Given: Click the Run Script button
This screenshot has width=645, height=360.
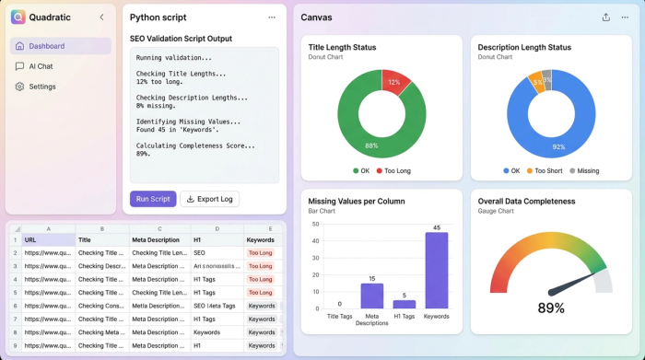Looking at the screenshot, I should [x=153, y=199].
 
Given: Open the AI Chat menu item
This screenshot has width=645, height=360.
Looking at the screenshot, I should [x=40, y=66].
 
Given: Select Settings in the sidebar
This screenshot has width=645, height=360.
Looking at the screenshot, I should [x=41, y=87].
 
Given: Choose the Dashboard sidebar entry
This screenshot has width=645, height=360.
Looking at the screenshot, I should [x=46, y=46].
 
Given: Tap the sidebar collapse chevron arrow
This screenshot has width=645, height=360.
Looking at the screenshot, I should [x=101, y=17].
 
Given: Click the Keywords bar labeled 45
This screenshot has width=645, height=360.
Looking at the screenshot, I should [x=436, y=270].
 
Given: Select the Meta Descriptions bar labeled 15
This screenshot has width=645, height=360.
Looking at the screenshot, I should [x=371, y=295].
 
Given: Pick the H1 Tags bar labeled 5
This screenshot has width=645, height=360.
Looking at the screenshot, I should [x=405, y=304].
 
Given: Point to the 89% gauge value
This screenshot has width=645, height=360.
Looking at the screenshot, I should [x=550, y=308].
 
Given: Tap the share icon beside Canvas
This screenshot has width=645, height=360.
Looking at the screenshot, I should [x=605, y=17].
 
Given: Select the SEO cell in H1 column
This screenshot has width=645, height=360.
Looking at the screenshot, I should [x=199, y=252].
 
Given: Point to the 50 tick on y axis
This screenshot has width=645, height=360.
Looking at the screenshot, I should [x=315, y=224].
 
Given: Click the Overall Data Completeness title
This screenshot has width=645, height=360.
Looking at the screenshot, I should [x=526, y=201].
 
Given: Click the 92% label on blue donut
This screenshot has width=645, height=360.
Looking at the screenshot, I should [x=557, y=146].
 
